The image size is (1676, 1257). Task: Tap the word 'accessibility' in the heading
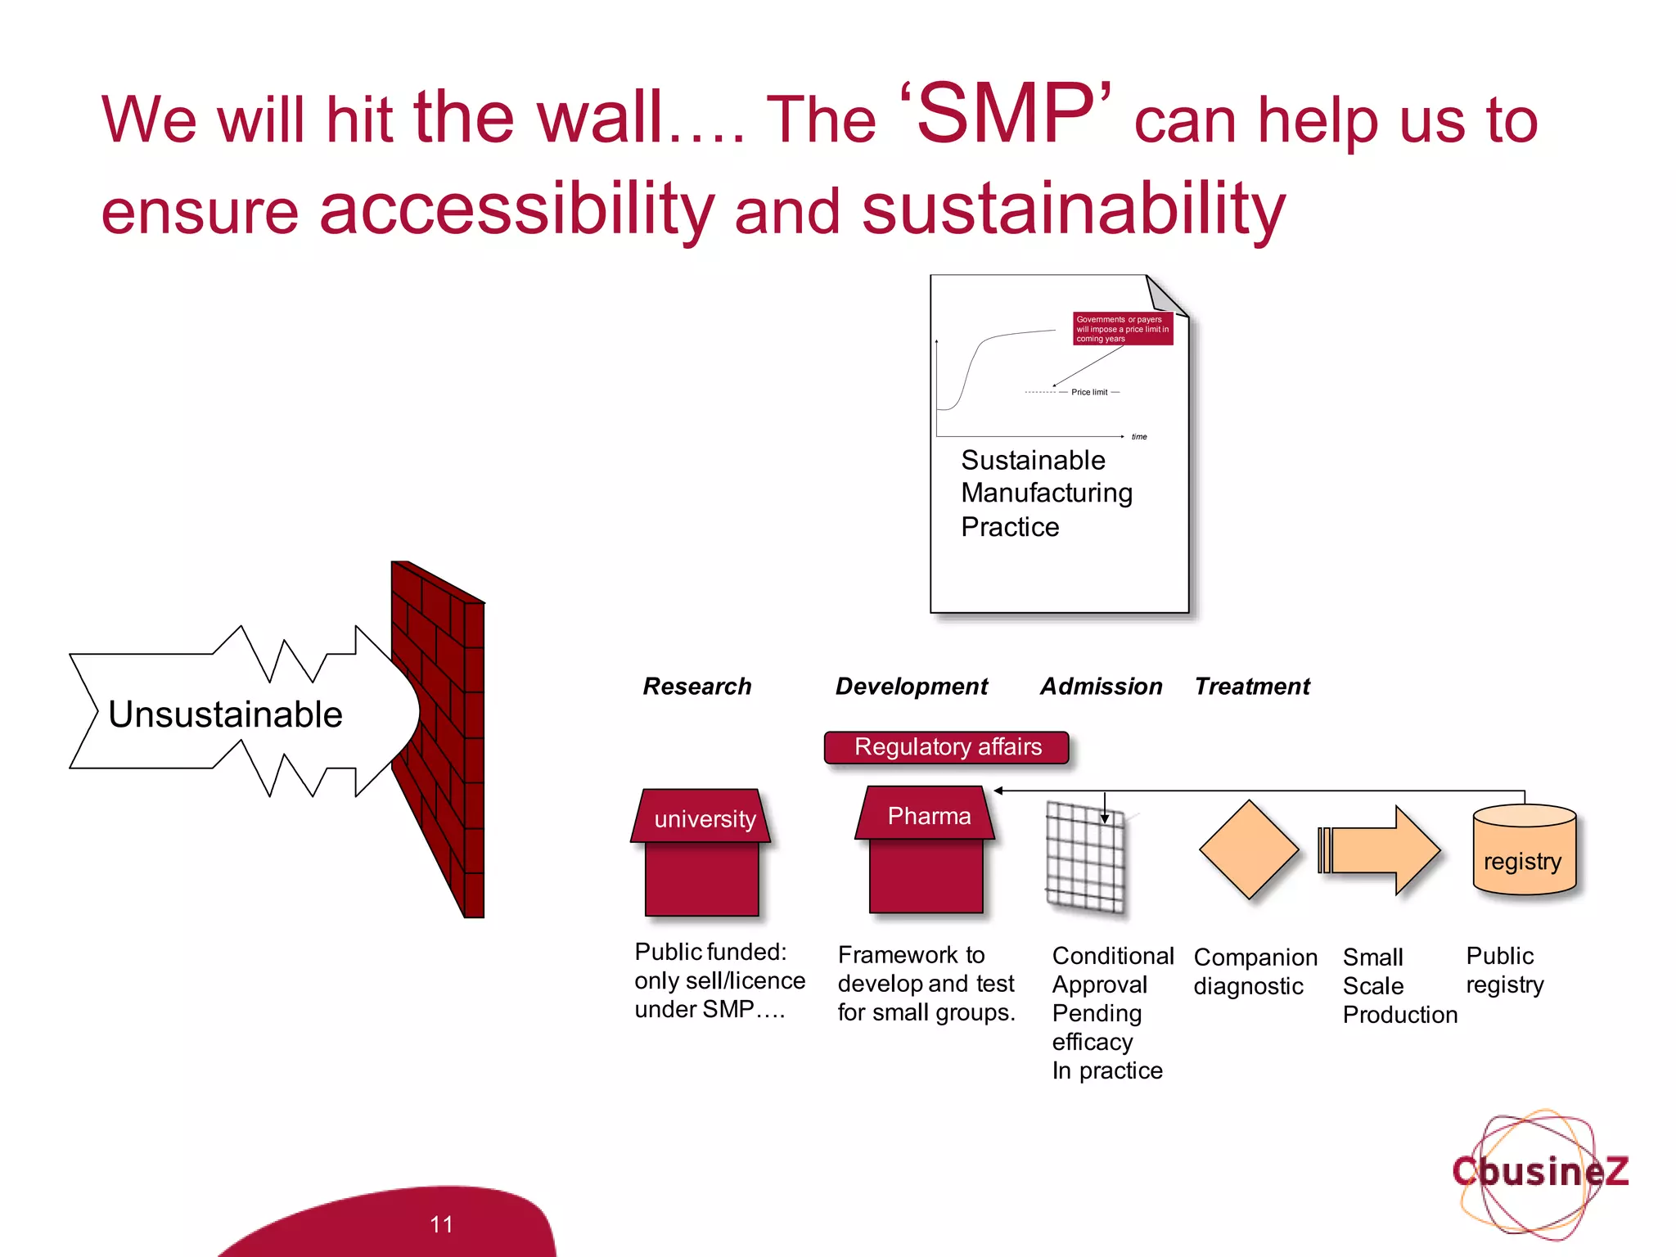click(516, 209)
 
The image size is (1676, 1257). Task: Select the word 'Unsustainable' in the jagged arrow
click(225, 714)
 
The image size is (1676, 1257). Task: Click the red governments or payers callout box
click(1122, 329)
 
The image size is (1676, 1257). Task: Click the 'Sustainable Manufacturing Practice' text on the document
click(1046, 493)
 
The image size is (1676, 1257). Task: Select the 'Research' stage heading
click(696, 686)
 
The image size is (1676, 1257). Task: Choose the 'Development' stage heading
click(911, 686)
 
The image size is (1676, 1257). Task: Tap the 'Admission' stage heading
click(1101, 686)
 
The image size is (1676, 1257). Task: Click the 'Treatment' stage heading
click(1251, 686)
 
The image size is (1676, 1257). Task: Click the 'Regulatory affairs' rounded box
click(947, 747)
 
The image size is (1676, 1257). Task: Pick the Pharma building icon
click(926, 851)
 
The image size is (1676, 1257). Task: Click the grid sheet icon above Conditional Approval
click(1085, 858)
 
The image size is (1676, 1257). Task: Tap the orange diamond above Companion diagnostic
click(1248, 849)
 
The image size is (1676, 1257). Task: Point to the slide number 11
click(441, 1223)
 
